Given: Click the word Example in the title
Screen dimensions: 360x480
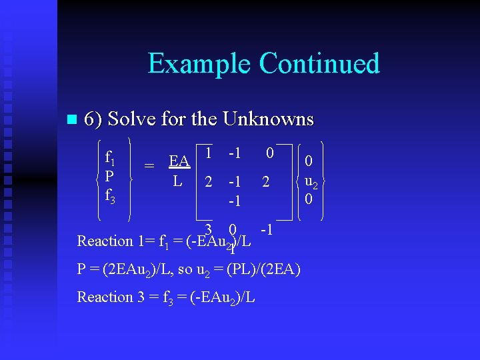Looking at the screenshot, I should (199, 64).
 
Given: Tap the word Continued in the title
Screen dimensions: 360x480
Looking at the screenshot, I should (319, 63).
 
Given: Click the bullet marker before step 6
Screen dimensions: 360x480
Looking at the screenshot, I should (73, 120).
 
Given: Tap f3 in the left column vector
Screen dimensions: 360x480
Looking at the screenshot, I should (111, 197).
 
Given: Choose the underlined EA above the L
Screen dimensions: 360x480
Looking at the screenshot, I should (178, 161).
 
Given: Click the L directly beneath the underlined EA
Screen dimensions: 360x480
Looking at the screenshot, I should (177, 180).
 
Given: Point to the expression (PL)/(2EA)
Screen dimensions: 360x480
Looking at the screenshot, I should (264, 269).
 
